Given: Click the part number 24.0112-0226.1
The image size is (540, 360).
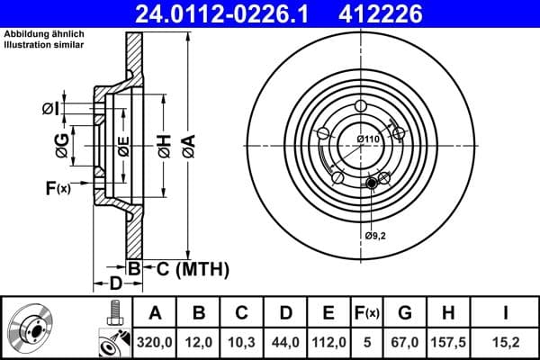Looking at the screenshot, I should click(233, 13).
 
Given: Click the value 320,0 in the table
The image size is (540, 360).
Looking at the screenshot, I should click(155, 343).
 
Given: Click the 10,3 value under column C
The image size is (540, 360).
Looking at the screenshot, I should click(242, 343).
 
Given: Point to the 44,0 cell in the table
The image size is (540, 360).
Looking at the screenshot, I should click(285, 343).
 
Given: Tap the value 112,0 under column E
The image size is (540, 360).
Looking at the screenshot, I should click(328, 343).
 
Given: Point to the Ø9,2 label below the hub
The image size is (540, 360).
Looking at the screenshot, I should click(376, 236).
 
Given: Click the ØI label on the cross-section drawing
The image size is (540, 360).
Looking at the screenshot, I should click(51, 109).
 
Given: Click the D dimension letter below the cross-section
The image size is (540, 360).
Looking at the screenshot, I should click(115, 284).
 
